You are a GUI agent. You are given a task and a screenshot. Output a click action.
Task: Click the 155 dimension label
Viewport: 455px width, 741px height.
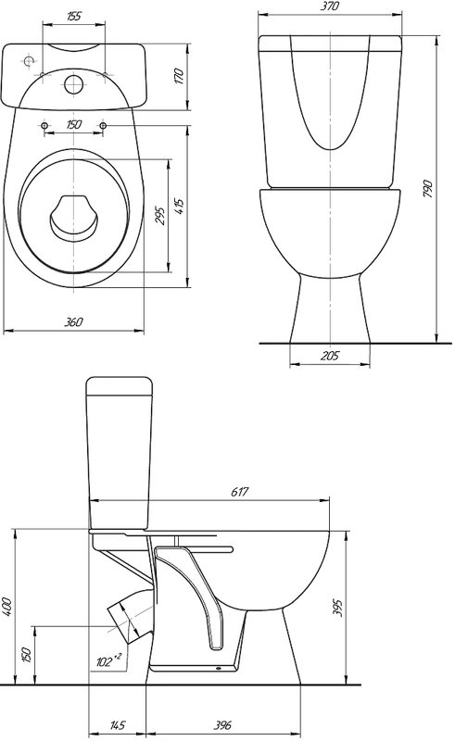(74, 16)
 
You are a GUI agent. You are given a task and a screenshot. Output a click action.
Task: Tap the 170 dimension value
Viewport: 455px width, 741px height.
(178, 77)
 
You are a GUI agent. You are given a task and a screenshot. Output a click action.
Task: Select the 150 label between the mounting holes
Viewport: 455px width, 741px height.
(73, 125)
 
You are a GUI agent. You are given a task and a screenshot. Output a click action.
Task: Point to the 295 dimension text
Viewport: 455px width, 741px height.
(160, 216)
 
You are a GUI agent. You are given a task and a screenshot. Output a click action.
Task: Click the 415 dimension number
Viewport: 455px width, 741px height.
(178, 206)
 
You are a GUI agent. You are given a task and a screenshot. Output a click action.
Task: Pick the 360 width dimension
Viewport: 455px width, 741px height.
(73, 321)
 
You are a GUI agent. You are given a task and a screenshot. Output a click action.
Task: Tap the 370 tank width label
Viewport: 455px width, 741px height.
(330, 6)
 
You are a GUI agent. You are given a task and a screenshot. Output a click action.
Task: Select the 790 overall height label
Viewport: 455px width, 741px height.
(428, 188)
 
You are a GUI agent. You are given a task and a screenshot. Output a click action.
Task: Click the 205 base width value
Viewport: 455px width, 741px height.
(330, 356)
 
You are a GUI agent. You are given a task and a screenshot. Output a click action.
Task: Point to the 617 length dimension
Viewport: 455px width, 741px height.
(239, 492)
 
